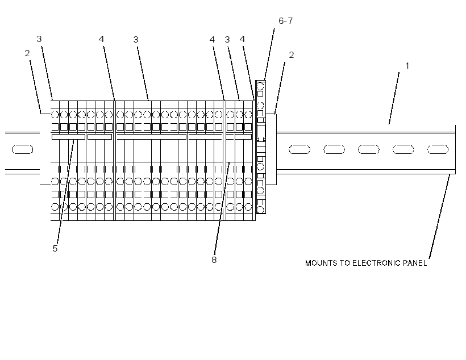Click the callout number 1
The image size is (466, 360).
coord(407,66)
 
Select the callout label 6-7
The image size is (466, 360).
coord(286,21)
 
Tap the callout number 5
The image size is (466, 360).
coord(55,249)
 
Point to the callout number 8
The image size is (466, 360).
coord(214,260)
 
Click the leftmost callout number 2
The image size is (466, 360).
coord(27,53)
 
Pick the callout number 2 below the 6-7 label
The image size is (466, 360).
coord(291,55)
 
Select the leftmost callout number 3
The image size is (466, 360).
coord(39,39)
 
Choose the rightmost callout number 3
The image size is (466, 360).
coord(227,40)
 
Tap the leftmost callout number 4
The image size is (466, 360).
coord(101,39)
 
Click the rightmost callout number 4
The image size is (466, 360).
coord(242,39)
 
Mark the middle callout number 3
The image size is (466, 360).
coord(135,40)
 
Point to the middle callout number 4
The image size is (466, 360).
coord(212,39)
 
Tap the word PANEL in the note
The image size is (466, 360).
coord(415,263)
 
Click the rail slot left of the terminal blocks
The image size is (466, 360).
coord(22,149)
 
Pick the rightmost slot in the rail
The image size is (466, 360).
coord(438,149)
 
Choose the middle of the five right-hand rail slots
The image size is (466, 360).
coord(368,149)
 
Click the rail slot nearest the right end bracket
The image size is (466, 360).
coord(299,149)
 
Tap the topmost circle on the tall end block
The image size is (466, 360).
coord(260,87)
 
